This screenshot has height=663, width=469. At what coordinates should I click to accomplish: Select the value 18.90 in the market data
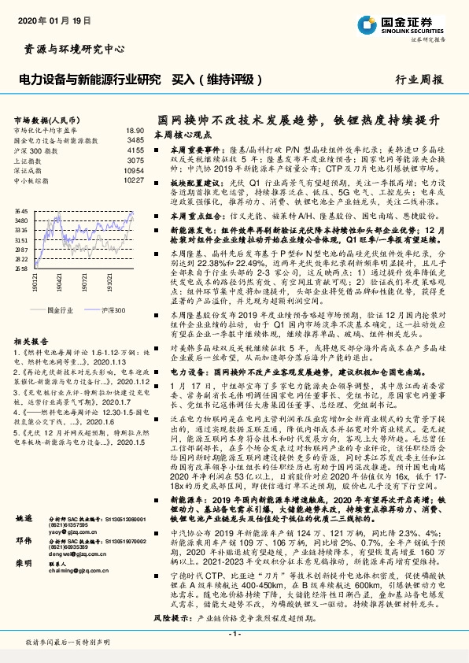135,130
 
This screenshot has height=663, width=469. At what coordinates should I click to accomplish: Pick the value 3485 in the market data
136,139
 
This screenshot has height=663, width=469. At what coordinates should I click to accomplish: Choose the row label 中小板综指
32,180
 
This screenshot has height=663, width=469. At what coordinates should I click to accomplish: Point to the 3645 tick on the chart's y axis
21,212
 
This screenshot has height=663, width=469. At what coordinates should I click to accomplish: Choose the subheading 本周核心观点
180,135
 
